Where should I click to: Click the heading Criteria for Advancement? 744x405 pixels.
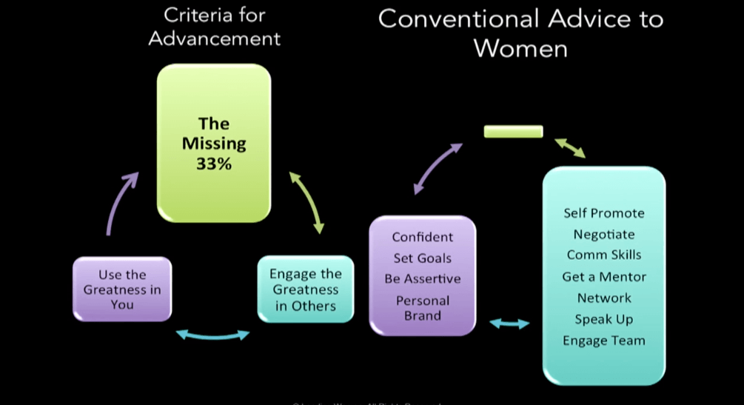214,27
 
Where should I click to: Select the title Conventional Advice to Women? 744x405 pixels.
520,33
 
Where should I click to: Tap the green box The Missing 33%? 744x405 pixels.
214,143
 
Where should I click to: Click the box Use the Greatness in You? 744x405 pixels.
122,289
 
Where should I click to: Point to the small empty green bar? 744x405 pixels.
513,132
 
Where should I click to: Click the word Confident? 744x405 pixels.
422,237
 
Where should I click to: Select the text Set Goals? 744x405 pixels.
422,258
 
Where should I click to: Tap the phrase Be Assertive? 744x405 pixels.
422,279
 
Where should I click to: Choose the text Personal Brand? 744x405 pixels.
422,308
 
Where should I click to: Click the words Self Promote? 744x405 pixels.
604,213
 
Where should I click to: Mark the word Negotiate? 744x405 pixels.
604,234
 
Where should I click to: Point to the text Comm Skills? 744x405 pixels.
604,255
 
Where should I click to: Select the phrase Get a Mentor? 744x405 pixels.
604,277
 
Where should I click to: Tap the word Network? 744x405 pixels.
604,298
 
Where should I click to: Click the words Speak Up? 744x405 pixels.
604,320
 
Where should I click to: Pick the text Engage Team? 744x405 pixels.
604,341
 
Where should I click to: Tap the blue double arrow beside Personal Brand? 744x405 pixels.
509,324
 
